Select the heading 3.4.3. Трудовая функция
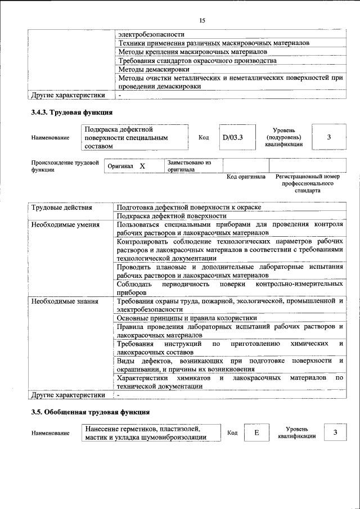pyautogui.click(x=72, y=112)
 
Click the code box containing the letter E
pyautogui.click(x=256, y=433)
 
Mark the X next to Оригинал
pyautogui.click(x=142, y=166)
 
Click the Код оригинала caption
pyautogui.click(x=246, y=177)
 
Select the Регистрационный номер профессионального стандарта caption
pyautogui.click(x=307, y=183)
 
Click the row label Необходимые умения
pyautogui.click(x=65, y=224)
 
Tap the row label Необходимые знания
pyautogui.click(x=64, y=301)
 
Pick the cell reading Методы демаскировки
pyautogui.click(x=146, y=69)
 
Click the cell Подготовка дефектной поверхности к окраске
pyautogui.click(x=189, y=208)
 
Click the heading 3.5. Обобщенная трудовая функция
pyautogui.click(x=90, y=413)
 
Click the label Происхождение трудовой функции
pyautogui.click(x=61, y=166)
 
